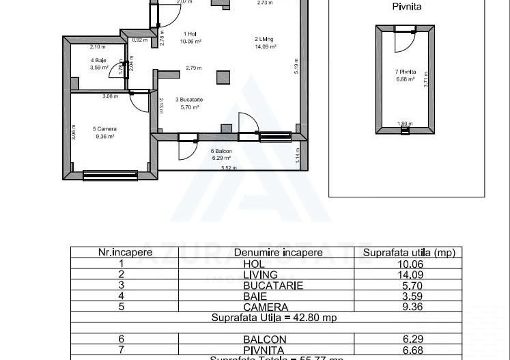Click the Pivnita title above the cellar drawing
click(406, 7)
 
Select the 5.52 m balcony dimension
click(228, 167)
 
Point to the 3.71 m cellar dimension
click(425, 83)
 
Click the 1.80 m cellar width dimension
click(405, 124)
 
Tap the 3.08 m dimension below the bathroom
click(110, 96)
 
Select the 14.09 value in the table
click(408, 275)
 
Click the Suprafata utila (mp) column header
click(408, 253)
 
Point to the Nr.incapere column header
click(125, 253)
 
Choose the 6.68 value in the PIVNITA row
click(408, 350)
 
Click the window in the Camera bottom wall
click(100, 175)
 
